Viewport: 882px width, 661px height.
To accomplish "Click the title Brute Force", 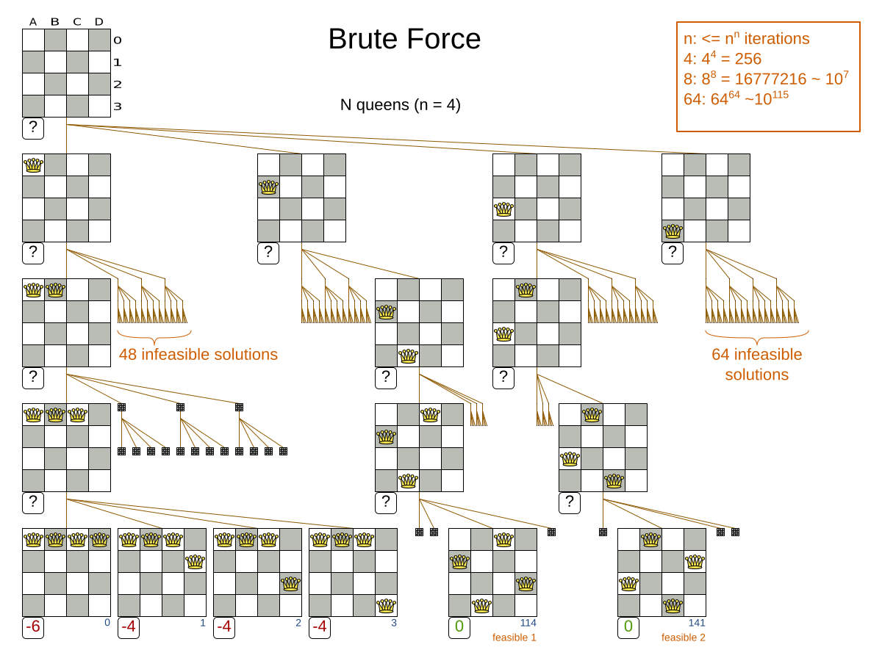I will tap(404, 39).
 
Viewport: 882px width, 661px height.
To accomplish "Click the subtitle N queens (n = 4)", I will tap(400, 104).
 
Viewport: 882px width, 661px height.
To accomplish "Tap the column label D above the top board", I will tap(99, 22).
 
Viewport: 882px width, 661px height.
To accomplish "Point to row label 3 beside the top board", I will tap(118, 106).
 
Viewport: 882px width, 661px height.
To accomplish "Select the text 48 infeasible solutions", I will tap(198, 354).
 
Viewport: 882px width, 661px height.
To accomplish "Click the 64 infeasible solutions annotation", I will tap(756, 364).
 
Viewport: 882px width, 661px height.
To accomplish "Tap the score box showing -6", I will tap(33, 627).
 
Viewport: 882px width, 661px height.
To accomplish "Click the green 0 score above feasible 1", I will tap(459, 627).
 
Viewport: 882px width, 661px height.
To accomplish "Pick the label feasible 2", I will tap(683, 637).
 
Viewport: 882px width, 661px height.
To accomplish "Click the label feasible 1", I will tap(514, 637).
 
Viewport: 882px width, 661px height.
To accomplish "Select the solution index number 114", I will tap(528, 623).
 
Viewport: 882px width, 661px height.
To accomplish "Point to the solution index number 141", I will tap(697, 623).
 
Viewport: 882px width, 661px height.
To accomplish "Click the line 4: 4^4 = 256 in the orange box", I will tap(723, 58).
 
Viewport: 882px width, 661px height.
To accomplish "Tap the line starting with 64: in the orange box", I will tap(736, 98).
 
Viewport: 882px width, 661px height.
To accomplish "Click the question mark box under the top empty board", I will tap(33, 129).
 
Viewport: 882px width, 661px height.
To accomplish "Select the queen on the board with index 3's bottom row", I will tap(386, 605).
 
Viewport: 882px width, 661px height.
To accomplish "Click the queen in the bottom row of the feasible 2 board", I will tap(673, 605).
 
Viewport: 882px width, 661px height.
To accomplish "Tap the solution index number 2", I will tap(298, 623).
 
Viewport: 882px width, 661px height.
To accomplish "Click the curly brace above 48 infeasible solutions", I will tap(154, 339).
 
